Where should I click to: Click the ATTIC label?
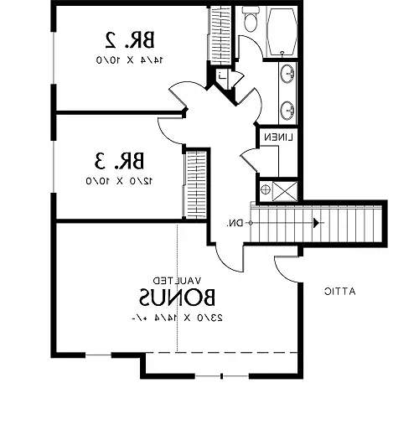(341, 291)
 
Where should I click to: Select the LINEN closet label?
(277, 137)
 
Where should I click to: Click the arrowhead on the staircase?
(316, 223)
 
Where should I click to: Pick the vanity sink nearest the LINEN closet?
(287, 108)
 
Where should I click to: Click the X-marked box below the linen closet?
(286, 189)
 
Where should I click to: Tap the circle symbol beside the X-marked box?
(266, 190)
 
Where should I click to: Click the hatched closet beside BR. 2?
(220, 34)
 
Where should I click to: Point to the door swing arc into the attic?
(285, 267)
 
